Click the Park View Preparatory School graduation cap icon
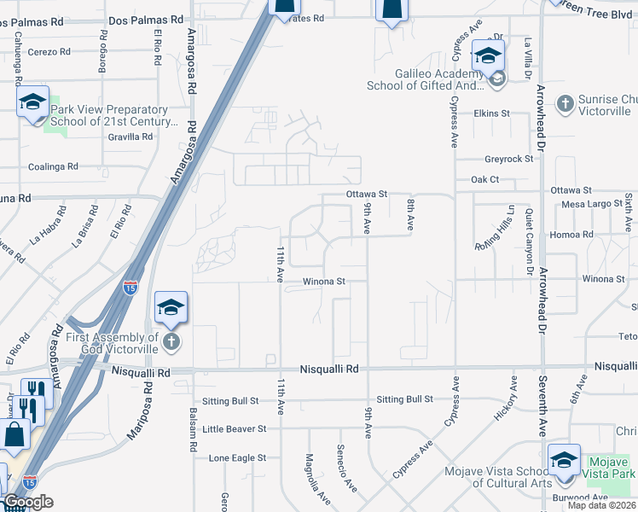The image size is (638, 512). pos(32,102)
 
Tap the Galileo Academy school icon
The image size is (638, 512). pos(488,56)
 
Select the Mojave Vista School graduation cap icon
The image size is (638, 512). pos(563,460)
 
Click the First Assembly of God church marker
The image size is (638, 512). pos(171,343)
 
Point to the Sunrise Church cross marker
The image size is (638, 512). pos(564,104)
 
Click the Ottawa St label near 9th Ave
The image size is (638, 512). pos(367,195)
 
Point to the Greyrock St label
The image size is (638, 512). pos(508,159)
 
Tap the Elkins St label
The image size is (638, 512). pos(491,113)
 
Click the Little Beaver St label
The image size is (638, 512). pos(235,428)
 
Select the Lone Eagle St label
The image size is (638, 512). pos(237,458)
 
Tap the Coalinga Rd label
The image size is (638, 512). pos(53,167)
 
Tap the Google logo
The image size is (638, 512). pos(28,502)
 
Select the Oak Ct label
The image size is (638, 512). pos(484,180)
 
